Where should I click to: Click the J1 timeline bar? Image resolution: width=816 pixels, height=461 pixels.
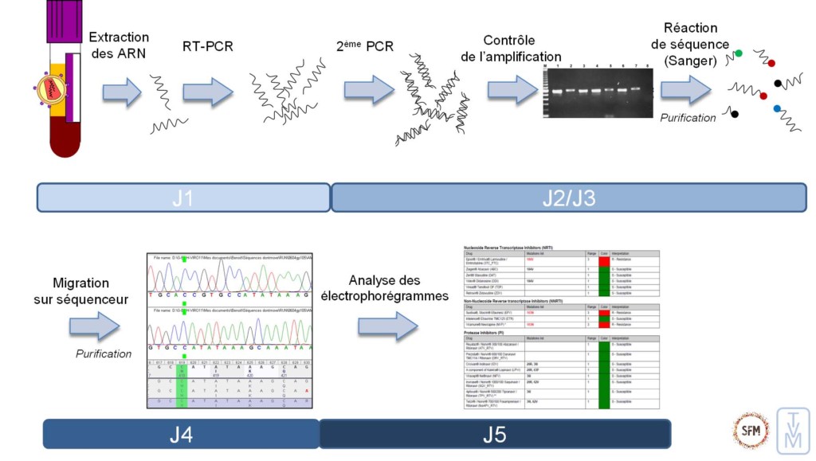pyautogui.click(x=182, y=197)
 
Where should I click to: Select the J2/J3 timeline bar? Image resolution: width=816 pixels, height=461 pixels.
pyautogui.click(x=564, y=197)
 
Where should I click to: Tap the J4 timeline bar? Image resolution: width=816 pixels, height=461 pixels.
pyautogui.click(x=181, y=434)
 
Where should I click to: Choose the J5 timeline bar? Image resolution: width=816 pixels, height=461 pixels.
pyautogui.click(x=494, y=434)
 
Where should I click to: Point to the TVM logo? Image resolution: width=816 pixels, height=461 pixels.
pyautogui.click(x=794, y=431)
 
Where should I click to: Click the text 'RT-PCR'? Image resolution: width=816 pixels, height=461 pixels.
pyautogui.click(x=208, y=47)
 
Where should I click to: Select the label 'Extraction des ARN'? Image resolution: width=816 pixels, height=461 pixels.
pyautogui.click(x=119, y=45)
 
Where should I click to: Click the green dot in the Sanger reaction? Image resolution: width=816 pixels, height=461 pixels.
pyautogui.click(x=739, y=53)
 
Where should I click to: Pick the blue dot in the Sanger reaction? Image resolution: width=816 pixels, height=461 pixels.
pyautogui.click(x=777, y=108)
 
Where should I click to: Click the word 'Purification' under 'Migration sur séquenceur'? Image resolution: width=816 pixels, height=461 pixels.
pyautogui.click(x=104, y=354)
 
